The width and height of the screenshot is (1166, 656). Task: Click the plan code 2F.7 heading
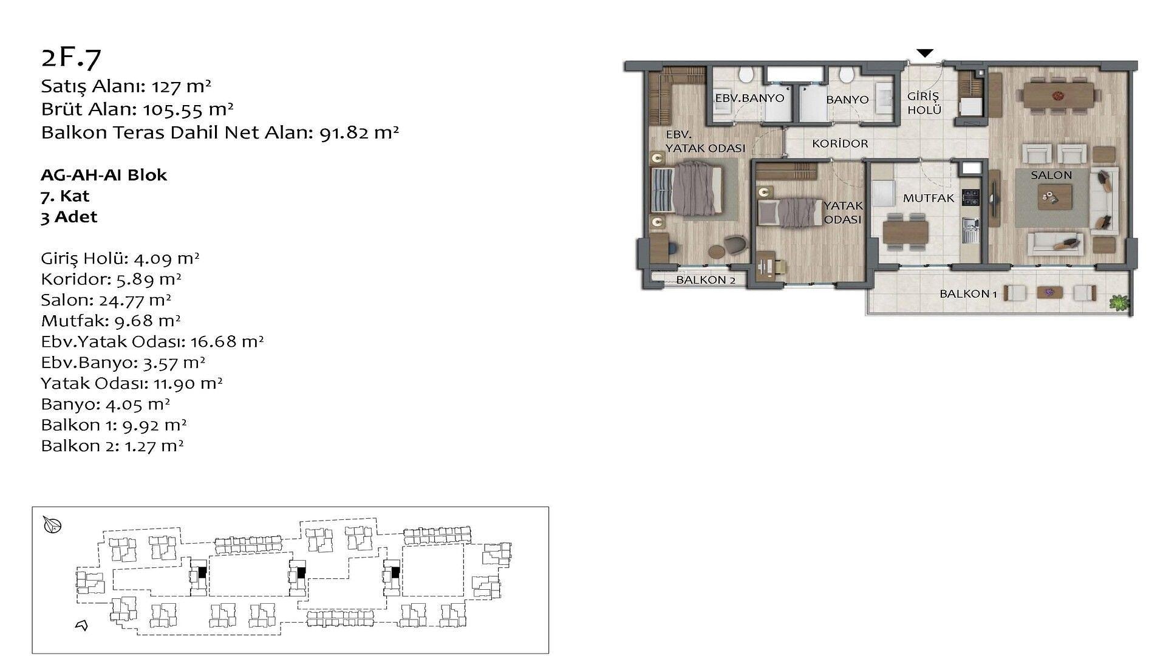point(71,56)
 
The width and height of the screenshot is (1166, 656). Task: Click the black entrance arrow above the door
point(924,53)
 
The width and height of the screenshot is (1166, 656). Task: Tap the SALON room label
point(1051,175)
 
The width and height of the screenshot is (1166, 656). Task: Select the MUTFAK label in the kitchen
point(929,198)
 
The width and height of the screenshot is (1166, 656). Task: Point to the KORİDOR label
point(840,144)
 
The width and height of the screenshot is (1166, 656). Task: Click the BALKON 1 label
point(968,294)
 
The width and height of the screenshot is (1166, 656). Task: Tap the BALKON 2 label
point(706,280)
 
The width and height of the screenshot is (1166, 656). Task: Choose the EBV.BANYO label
point(749,98)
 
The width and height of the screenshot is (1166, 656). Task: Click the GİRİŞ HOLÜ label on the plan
point(924,103)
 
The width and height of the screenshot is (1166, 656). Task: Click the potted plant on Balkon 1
point(1119,302)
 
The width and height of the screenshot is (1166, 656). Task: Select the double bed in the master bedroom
point(686,188)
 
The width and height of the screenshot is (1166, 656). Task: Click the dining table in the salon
point(1060,95)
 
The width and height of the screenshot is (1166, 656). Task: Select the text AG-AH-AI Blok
point(104,175)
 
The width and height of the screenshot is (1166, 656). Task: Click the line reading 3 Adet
point(69,217)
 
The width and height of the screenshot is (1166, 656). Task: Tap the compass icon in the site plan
point(53,525)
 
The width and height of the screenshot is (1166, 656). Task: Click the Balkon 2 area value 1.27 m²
point(154,446)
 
